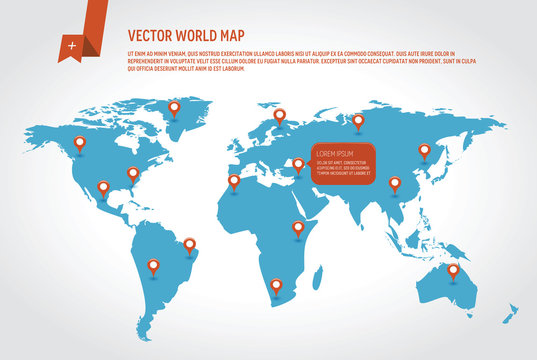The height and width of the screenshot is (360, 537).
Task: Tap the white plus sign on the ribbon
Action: pos(71,46)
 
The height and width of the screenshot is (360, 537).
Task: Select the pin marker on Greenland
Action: pos(174,107)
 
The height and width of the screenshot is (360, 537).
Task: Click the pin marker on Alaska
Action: pos(80,143)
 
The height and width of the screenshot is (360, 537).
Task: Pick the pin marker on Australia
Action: pos(453,270)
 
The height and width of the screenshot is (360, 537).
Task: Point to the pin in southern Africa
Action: pos(276,286)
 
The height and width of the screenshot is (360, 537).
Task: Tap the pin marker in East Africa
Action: pos(298,228)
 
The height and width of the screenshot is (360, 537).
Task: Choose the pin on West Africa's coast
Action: pos(234,181)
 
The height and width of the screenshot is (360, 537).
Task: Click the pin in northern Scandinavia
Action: pos(280,116)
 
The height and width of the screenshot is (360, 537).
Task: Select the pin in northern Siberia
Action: pos(358,121)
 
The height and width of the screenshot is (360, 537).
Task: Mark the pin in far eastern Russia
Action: pos(424,150)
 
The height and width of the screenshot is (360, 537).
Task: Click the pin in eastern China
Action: pos(394,183)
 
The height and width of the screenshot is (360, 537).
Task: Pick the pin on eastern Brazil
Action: pos(189,243)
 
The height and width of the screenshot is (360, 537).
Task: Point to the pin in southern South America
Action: pos(153,266)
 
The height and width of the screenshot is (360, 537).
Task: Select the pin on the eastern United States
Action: pos(133,173)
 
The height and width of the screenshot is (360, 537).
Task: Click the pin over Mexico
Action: pos(103,187)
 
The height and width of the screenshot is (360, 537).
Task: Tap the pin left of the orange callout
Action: pos(298,165)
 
